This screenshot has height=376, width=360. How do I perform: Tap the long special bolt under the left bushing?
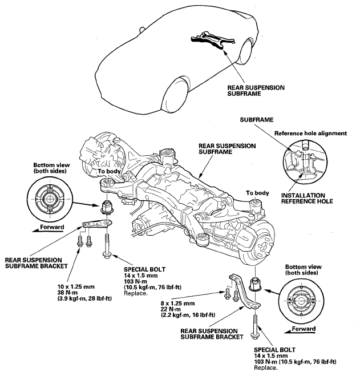107,246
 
